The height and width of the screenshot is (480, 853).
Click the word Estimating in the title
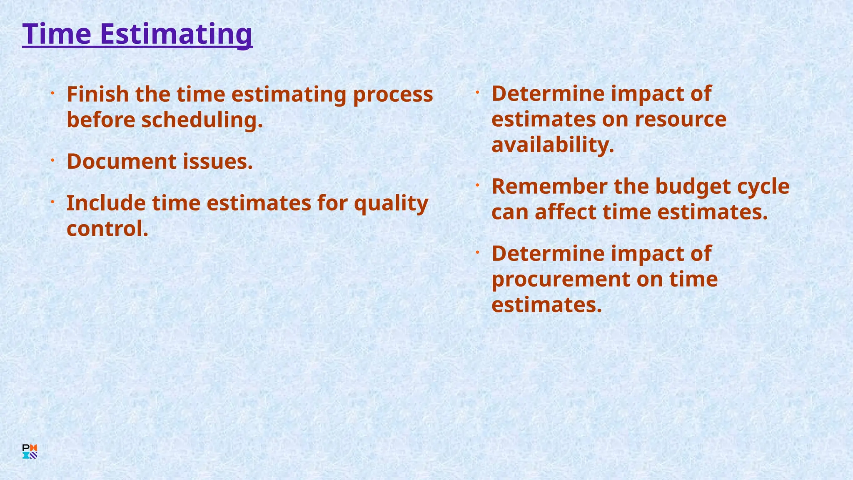176,35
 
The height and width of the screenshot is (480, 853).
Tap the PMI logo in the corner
30,451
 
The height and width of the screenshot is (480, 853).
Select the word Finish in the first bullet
98,94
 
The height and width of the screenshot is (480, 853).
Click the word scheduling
202,120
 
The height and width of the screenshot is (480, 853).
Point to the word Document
122,161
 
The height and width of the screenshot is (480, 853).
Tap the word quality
391,204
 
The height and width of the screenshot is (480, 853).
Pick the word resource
681,120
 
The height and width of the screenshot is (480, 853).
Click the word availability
553,145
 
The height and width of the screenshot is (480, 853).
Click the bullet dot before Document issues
53,160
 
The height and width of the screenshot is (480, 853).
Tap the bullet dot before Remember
478,185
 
